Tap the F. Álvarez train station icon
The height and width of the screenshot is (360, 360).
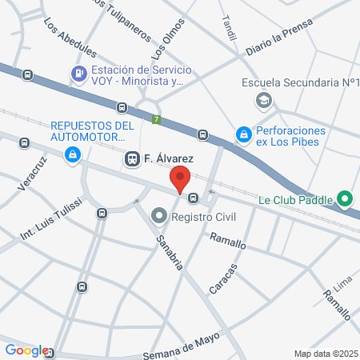pos(132,160)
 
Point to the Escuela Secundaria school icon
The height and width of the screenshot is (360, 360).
pos(262,100)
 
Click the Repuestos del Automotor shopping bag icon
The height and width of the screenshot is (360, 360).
pos(73,153)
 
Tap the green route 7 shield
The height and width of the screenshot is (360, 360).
pos(156,121)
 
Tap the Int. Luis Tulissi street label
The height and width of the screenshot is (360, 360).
pos(50,219)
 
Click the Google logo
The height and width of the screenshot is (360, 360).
pos(26,350)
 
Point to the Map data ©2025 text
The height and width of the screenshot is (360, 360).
pos(323,354)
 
